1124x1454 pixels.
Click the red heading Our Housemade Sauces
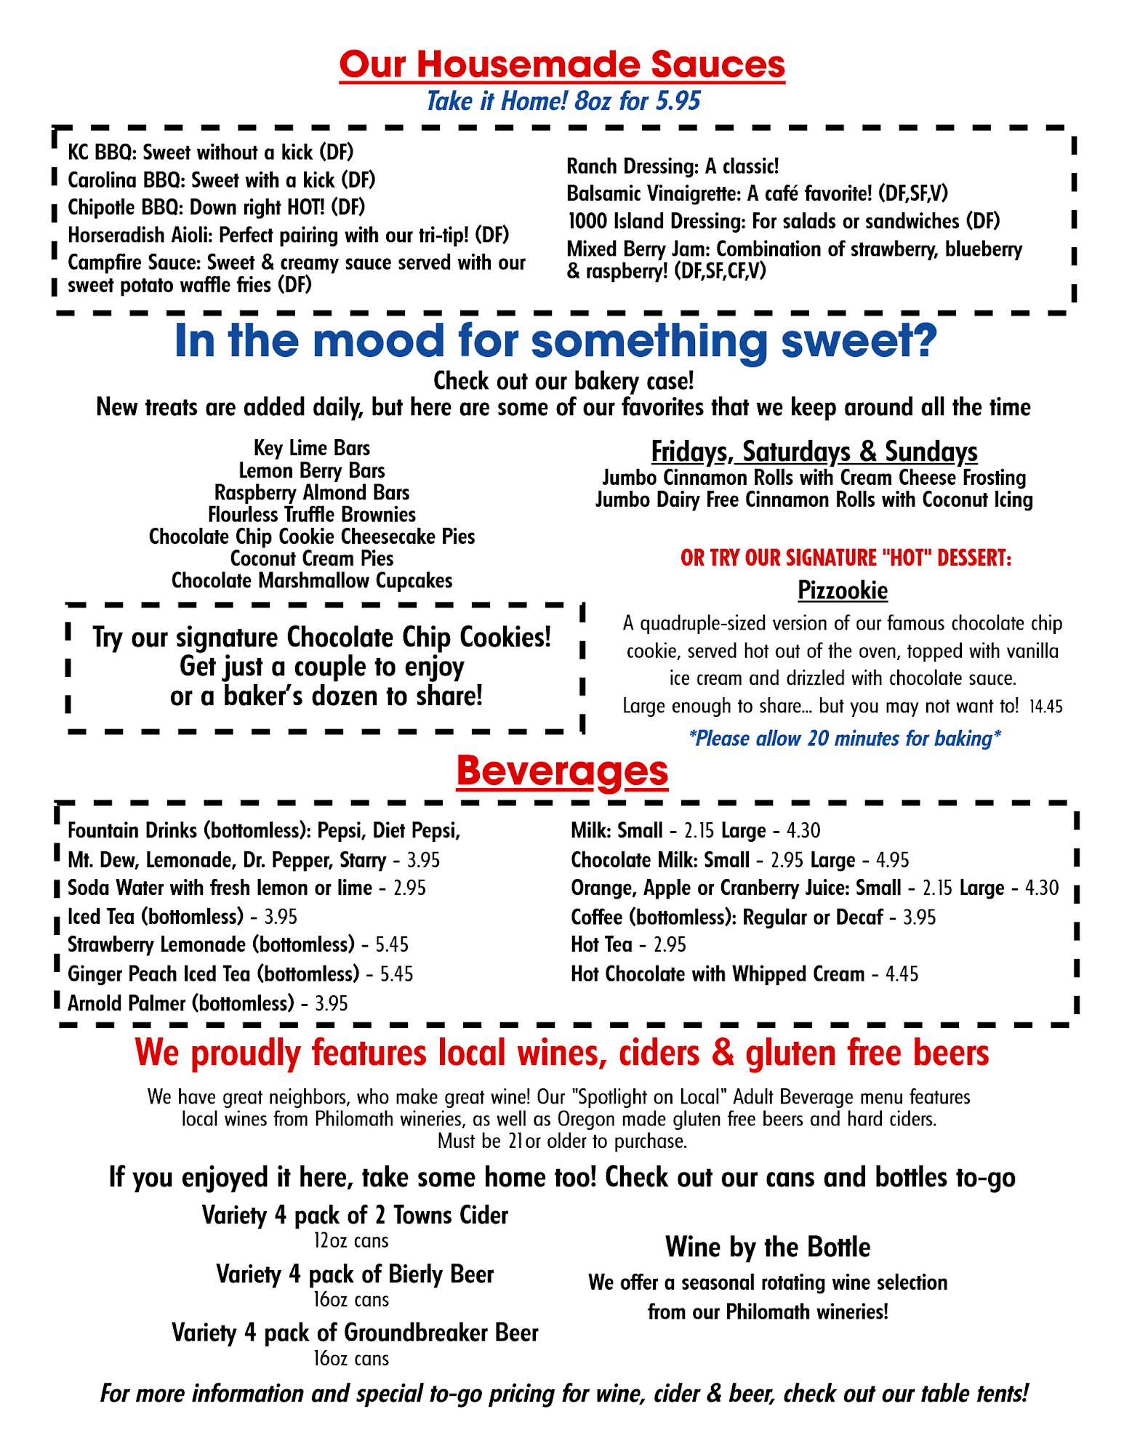tap(562, 64)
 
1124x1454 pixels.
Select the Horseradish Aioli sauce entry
tap(288, 236)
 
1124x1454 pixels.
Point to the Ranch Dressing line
tap(673, 166)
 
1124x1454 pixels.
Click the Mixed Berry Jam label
tap(638, 249)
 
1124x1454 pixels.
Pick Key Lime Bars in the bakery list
tap(312, 448)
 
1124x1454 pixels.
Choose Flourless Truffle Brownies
tap(312, 515)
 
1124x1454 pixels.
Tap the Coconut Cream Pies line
tap(312, 558)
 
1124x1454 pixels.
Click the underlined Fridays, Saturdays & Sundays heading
tap(814, 451)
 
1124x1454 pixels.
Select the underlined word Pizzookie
tap(843, 590)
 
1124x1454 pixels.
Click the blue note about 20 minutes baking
tap(844, 739)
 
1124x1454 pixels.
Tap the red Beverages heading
tap(562, 772)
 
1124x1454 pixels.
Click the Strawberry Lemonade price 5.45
tap(392, 945)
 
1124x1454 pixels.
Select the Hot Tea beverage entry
tap(601, 945)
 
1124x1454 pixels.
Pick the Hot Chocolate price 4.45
tap(902, 974)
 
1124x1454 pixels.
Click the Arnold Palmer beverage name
tap(180, 1004)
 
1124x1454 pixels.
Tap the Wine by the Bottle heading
tap(768, 1248)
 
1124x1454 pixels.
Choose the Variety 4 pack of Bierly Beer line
tap(355, 1274)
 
